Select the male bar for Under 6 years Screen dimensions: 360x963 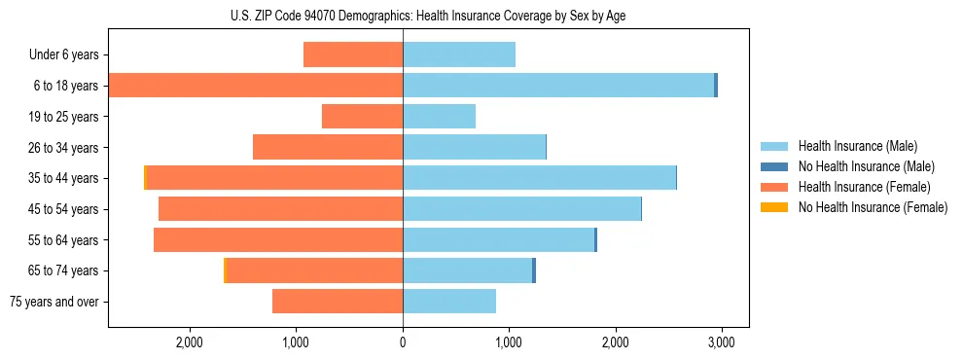[459, 54]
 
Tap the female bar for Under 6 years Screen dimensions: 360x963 [353, 54]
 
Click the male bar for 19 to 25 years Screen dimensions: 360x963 [439, 117]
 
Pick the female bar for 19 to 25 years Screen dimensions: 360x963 [362, 117]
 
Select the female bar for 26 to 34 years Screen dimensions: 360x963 [328, 147]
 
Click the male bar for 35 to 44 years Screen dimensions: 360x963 [539, 178]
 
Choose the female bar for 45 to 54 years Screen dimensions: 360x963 [280, 209]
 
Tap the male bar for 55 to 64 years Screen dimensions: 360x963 [498, 239]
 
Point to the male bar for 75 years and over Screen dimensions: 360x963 [449, 302]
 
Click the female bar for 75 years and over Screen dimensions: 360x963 [338, 302]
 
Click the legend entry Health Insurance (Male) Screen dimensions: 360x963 [856, 146]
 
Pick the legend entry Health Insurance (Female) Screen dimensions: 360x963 [864, 187]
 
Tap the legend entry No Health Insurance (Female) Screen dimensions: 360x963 [873, 207]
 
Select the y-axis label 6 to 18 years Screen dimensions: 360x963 [66, 86]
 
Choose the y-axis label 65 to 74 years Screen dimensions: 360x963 [63, 270]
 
